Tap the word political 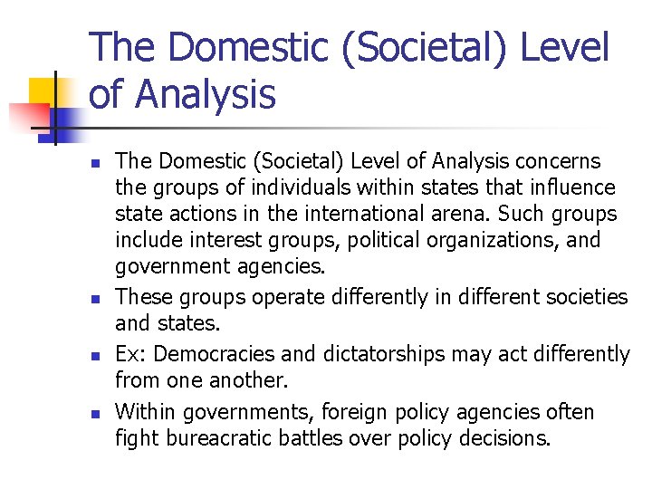tap(367, 240)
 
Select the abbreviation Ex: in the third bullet tap(130, 354)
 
